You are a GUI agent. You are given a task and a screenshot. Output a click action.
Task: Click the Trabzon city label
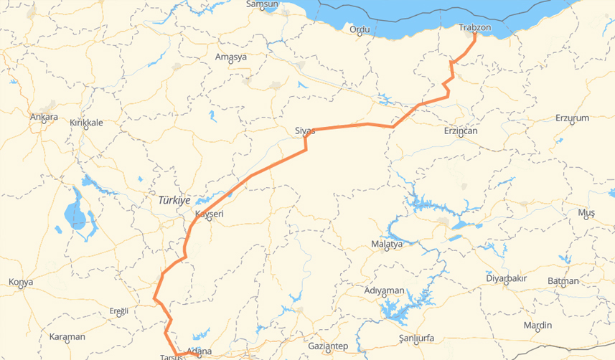474,28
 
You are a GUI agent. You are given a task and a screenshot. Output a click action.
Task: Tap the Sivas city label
305,131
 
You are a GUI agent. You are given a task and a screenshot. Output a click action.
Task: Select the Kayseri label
210,214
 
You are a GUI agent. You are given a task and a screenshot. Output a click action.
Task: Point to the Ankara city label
44,116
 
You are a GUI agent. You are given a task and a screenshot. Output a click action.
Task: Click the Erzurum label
572,118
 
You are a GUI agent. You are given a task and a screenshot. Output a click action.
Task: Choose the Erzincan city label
461,131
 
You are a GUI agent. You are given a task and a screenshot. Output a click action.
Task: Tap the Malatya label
387,244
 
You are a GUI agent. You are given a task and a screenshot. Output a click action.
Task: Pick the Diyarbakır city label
507,278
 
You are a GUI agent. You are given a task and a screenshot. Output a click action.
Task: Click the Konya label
21,282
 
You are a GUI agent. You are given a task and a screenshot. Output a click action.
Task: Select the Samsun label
261,4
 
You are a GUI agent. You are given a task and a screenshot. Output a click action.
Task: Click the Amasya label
231,57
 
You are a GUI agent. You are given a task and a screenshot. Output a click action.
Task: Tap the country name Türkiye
174,200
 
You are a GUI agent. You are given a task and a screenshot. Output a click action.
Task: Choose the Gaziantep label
327,346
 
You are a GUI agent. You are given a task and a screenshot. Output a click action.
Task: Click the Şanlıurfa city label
416,338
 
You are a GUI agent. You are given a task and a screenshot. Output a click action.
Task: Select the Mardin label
537,326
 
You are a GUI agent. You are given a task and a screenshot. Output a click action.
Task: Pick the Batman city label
563,281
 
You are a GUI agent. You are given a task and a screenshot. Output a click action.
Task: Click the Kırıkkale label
86,123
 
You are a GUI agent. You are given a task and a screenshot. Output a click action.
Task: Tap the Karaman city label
67,336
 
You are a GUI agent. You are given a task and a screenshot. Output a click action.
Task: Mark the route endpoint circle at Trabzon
475,34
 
